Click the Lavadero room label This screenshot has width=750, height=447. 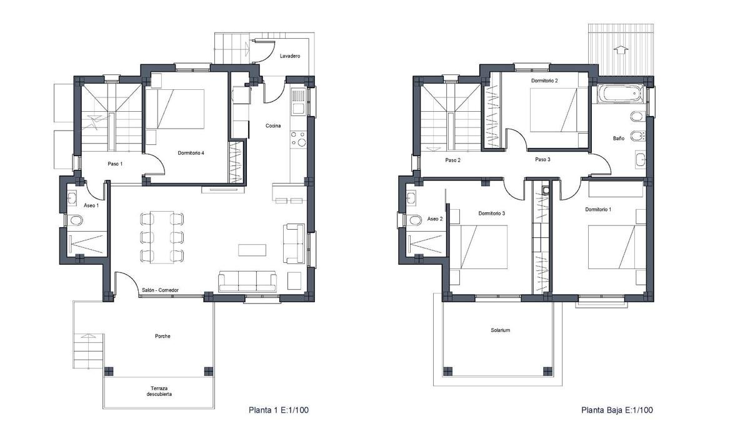290,56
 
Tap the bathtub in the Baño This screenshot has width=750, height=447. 619,93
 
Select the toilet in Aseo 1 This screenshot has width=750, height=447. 76,220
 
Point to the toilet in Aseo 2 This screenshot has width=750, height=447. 415,220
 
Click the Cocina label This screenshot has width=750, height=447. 273,125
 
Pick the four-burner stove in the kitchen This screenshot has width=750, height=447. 299,139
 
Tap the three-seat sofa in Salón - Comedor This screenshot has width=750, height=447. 247,282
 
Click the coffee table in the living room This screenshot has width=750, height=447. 252,250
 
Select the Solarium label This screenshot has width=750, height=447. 500,330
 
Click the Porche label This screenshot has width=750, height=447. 162,336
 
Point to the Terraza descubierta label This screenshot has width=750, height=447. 159,391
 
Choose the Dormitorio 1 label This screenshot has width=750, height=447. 598,209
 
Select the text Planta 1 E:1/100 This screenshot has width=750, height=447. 279,410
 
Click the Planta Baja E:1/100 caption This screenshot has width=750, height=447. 617,410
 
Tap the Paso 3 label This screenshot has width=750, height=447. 542,159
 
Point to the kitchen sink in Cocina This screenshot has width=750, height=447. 299,102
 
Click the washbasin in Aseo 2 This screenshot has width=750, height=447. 411,198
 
